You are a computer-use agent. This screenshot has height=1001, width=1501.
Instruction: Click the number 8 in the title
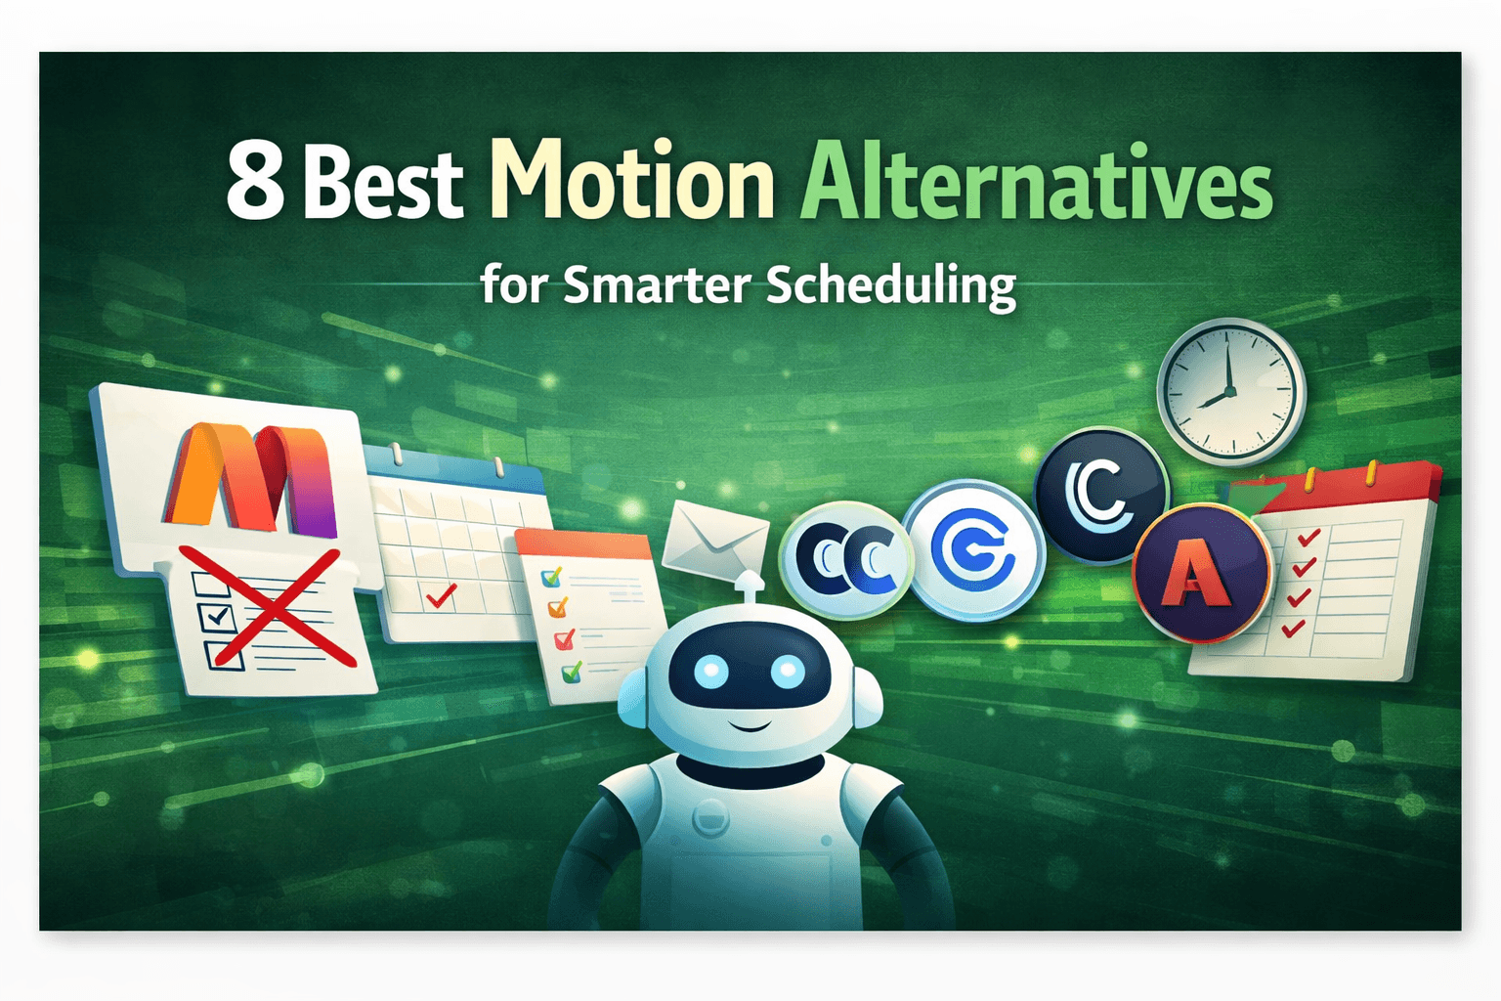pos(255,183)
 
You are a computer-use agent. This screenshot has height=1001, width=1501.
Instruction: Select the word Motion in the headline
pos(631,181)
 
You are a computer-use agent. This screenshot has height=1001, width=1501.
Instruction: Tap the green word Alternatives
pos(1036,183)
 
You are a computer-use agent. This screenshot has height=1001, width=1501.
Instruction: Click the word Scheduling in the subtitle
pos(890,285)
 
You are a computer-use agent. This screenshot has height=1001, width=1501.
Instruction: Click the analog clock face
pos(1230,392)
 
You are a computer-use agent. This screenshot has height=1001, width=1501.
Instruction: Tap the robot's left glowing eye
pos(711,671)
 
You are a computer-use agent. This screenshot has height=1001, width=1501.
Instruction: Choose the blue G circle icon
pos(972,551)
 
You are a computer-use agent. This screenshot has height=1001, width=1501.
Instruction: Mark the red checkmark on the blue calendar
pos(441,595)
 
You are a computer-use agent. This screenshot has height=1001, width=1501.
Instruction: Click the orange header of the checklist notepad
pos(583,544)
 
